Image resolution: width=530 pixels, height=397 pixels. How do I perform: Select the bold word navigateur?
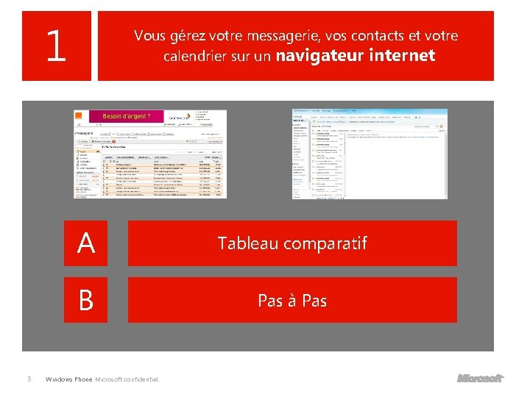tap(320, 55)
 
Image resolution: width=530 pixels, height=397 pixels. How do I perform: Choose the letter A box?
tap(85, 243)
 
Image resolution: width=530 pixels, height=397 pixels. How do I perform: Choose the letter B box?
tap(85, 300)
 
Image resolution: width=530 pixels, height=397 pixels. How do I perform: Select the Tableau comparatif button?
tap(292, 243)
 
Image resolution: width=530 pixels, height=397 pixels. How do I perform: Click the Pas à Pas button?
tap(292, 300)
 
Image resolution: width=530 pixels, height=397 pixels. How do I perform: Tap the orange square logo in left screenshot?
tap(79, 116)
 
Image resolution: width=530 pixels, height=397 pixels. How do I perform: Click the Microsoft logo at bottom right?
tap(479, 379)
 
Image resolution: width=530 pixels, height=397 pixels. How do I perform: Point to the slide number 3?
tap(28, 379)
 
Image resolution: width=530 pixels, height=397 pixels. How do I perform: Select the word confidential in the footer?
tap(145, 379)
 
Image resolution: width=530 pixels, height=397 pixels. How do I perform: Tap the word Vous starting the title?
tap(150, 35)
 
